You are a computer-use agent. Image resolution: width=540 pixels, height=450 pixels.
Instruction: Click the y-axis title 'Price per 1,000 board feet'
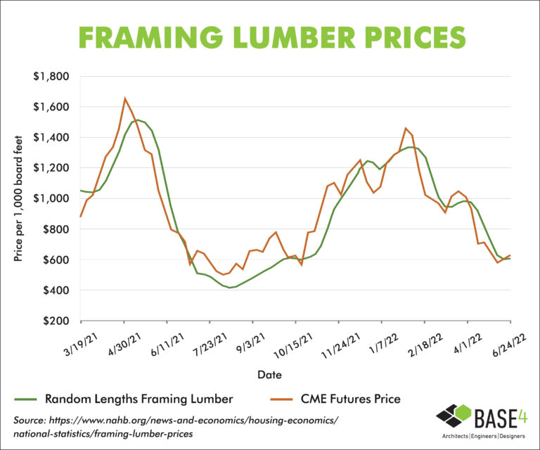coord(19,198)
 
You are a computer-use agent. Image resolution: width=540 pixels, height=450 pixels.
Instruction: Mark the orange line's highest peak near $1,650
coord(125,98)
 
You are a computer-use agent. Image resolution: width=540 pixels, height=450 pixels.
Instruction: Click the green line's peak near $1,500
coord(137,120)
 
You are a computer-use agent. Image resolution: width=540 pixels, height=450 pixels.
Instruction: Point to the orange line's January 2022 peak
coord(406,128)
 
